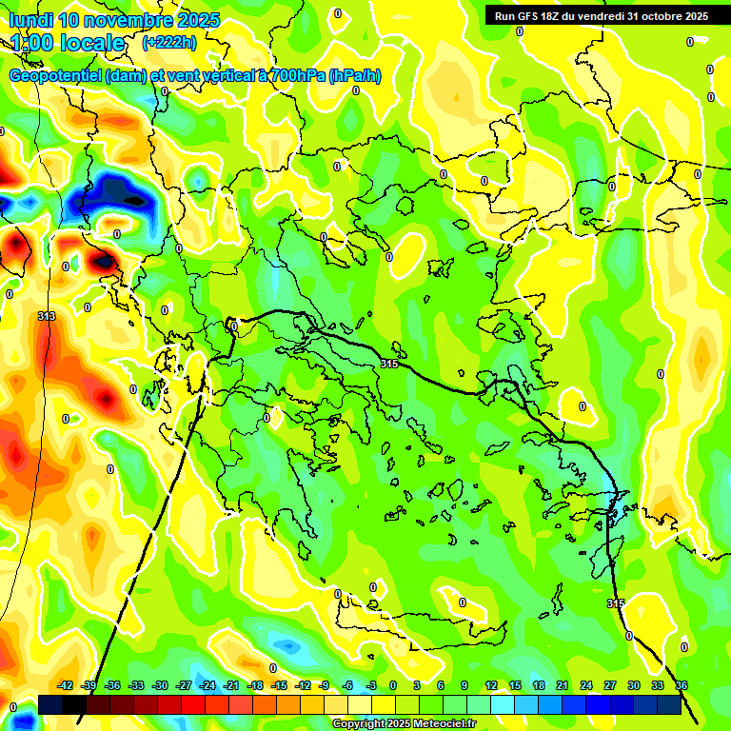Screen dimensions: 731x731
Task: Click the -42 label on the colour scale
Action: (66, 685)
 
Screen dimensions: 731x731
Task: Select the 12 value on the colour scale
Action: (491, 685)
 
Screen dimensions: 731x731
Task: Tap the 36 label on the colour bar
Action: (682, 685)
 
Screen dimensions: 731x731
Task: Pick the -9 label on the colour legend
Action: (324, 685)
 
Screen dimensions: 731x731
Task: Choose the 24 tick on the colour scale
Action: (586, 685)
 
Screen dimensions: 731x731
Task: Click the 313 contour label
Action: (47, 316)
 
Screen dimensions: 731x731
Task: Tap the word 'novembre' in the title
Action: (127, 20)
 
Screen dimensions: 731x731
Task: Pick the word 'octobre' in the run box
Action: (654, 16)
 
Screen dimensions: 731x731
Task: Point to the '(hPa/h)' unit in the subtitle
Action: (355, 76)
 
